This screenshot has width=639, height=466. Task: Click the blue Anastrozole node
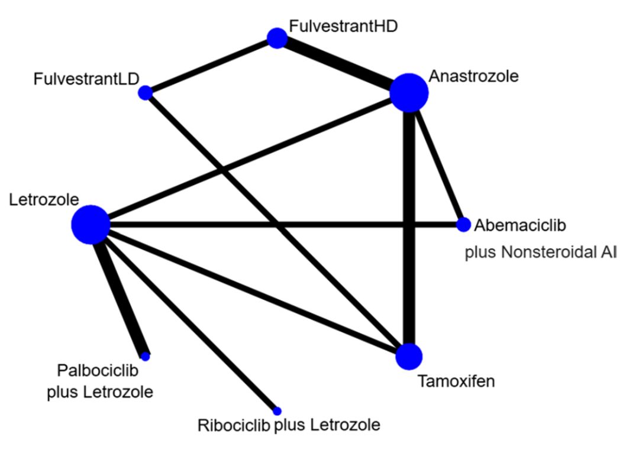pos(409,93)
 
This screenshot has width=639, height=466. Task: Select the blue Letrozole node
pos(91,225)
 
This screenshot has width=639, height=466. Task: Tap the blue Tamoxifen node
pos(409,356)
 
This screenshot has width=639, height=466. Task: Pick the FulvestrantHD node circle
pos(277,38)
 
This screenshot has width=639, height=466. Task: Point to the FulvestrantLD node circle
pos(145,93)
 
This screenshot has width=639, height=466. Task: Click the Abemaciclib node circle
pos(463,225)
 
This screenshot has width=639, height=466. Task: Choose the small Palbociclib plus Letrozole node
pos(146,356)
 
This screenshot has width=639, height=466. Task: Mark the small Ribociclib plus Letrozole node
pos(277,410)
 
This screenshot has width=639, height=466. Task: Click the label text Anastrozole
pos(473,76)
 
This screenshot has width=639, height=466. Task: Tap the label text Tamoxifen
pos(456,381)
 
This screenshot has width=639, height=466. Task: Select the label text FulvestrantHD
pos(343,26)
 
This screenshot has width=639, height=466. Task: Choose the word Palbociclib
pos(98,371)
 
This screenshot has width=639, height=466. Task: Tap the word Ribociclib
pos(234,425)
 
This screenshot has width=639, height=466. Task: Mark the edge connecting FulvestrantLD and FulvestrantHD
pos(211,66)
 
